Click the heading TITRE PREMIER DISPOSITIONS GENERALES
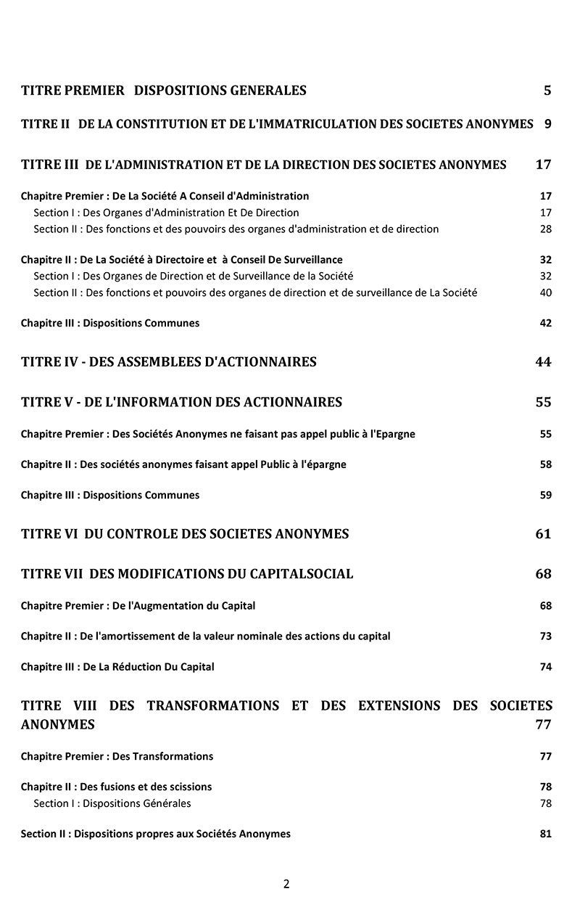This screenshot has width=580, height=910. click(164, 91)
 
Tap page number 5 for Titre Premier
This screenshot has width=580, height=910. click(547, 91)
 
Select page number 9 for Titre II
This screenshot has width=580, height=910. click(547, 124)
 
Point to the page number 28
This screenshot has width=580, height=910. click(545, 229)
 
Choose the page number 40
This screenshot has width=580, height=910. click(545, 292)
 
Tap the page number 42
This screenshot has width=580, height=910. click(545, 323)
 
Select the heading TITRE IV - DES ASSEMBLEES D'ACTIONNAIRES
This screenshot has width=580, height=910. click(169, 362)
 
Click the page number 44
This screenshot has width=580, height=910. click(543, 362)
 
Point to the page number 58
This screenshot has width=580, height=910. click(545, 464)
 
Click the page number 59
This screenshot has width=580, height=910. click(545, 495)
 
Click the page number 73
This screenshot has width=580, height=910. click(545, 636)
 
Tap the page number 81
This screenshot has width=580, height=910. click(545, 834)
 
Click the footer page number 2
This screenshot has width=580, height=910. click(286, 884)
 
